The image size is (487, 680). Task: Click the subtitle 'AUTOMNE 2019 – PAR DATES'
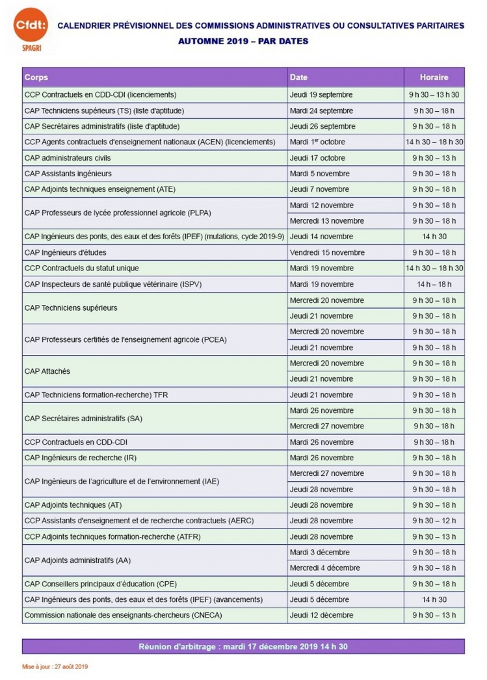click(x=243, y=41)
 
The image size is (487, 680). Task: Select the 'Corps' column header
click(x=36, y=77)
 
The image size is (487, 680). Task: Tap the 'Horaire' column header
click(x=434, y=77)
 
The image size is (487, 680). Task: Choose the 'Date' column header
click(x=298, y=77)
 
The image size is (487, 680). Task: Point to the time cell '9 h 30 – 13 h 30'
click(x=434, y=94)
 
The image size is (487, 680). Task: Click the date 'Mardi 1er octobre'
click(x=317, y=142)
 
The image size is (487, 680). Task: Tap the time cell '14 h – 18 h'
click(x=434, y=284)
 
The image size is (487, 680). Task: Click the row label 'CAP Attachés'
click(x=47, y=371)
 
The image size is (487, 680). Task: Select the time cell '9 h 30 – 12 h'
click(x=434, y=521)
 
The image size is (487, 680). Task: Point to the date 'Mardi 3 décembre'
click(x=319, y=552)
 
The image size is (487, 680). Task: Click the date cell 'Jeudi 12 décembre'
click(x=321, y=615)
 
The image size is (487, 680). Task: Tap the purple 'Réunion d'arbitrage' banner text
click(x=243, y=646)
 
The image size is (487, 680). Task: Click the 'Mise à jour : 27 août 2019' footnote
click(x=55, y=666)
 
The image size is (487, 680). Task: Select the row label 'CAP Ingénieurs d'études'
click(x=66, y=252)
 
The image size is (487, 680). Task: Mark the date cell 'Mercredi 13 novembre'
click(x=327, y=221)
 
